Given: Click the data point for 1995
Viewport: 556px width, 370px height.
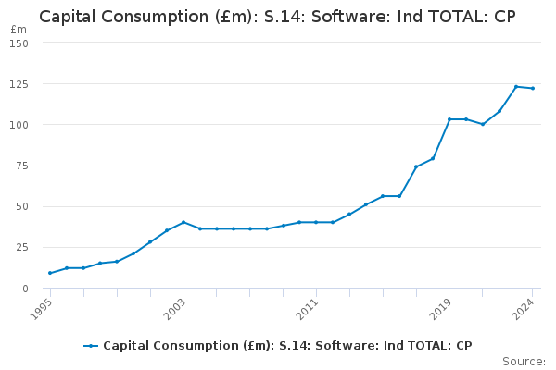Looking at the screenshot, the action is [x=50, y=273].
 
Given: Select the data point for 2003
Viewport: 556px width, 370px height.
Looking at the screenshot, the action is [x=183, y=222].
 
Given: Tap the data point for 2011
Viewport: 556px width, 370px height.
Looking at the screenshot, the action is [x=316, y=222].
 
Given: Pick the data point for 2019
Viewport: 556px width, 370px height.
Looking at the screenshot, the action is [x=449, y=119].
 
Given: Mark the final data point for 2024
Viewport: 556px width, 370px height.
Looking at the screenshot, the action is [x=533, y=88].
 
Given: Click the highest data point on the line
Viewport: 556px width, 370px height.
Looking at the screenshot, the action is [x=516, y=86].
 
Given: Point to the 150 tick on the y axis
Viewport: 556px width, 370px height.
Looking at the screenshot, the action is [x=19, y=43].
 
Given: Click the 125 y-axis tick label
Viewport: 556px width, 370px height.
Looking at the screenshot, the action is [x=19, y=84].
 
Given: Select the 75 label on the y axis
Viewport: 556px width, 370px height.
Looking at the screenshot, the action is [x=22, y=166].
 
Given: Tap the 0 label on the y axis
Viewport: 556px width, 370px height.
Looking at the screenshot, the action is [x=25, y=289].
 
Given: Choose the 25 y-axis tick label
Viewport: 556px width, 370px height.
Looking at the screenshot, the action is [x=22, y=247].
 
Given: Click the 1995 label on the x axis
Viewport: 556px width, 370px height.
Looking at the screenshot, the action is [x=41, y=309].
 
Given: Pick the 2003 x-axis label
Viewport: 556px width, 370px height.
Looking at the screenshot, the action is [x=174, y=309].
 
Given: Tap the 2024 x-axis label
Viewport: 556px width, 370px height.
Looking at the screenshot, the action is [x=524, y=309].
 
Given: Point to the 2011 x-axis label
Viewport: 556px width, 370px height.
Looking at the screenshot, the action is [x=307, y=309].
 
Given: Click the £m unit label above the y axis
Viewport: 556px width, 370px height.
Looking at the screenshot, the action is [x=19, y=30].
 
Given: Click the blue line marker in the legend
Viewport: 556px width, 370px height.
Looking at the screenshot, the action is [x=91, y=346].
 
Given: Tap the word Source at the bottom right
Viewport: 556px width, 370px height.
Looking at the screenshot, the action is [x=524, y=362].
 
